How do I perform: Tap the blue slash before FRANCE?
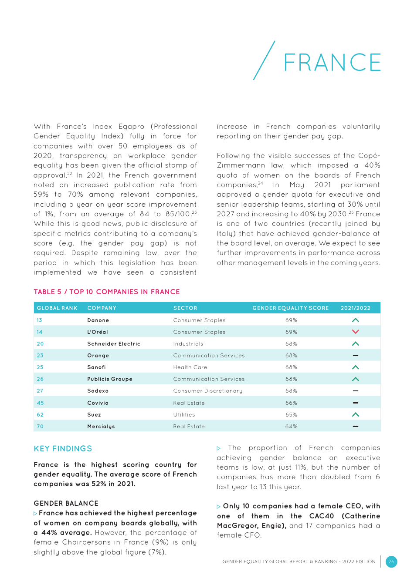point(264,61)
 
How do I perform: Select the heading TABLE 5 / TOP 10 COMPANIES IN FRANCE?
point(107,292)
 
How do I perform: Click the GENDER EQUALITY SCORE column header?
point(291,308)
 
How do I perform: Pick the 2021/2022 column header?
point(356,308)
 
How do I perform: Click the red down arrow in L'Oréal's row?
point(356,332)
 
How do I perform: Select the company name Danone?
point(98,320)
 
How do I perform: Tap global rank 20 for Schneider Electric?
point(40,343)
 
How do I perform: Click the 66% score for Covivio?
point(291,403)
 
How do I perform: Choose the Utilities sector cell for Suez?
point(184,415)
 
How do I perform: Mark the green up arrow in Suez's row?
point(356,415)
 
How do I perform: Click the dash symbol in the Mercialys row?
point(356,427)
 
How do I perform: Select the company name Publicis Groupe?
point(110,379)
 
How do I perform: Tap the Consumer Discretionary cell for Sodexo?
point(207,391)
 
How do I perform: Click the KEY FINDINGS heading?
point(63,448)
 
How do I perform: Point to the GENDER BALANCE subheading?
point(66,503)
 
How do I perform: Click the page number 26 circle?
point(391,561)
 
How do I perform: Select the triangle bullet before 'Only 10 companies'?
point(219,507)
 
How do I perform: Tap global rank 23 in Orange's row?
point(40,356)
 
